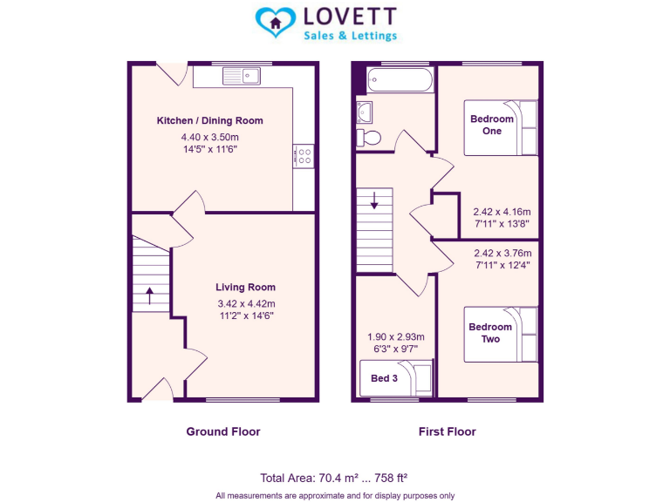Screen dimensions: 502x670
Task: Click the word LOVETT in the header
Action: coord(349,17)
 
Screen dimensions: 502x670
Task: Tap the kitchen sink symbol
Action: coord(241,76)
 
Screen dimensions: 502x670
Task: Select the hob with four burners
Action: coord(304,156)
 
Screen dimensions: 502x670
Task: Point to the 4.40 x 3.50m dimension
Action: coord(209,138)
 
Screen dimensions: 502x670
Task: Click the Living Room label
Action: coord(245,287)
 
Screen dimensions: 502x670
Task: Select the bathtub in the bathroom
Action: coord(399,80)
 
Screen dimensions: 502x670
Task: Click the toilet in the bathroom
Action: coord(370,137)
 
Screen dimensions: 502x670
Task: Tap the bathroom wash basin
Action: coord(364,111)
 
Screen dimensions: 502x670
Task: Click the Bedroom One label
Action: coord(491,125)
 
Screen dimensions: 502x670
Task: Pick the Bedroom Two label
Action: coord(490,333)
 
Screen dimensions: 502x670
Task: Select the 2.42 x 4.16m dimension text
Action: coord(502,211)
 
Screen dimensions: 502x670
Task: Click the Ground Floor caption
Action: coord(222,431)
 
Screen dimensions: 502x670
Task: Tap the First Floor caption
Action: coord(448,431)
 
